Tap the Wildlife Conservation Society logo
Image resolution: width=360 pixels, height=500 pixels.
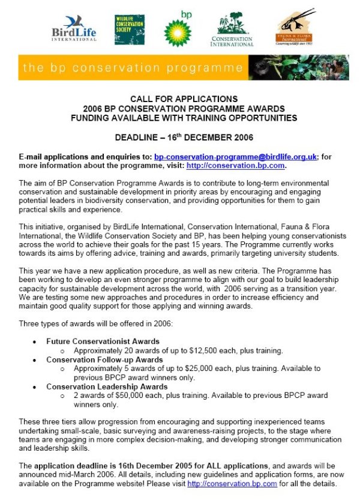(129, 29)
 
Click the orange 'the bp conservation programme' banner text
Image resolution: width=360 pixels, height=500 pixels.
(132, 67)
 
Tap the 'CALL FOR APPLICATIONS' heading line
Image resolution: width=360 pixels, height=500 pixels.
(184, 99)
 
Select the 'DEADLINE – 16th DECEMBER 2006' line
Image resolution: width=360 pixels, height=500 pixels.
(184, 137)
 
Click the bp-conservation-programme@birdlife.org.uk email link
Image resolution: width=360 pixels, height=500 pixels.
(235, 157)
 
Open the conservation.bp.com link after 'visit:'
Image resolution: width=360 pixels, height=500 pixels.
(235, 165)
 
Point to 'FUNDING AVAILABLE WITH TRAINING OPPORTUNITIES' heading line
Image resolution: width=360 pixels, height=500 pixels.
(184, 118)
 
